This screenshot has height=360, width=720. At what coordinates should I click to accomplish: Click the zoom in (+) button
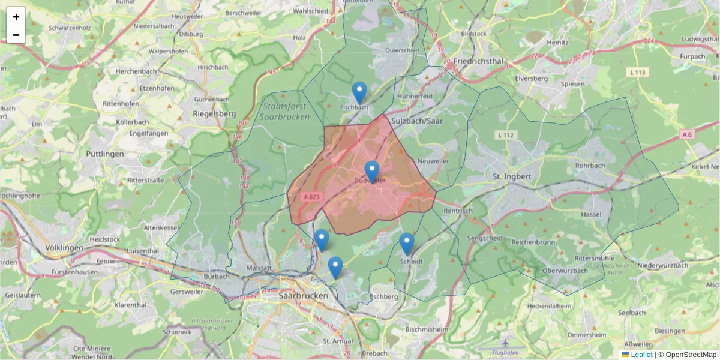(16, 17)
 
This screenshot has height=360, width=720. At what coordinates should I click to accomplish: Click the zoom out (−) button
(16, 35)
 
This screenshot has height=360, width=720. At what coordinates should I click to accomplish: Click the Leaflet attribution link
(641, 355)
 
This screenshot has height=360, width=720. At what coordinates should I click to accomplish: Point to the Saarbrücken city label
(304, 296)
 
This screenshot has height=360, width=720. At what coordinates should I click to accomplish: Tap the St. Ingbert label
(512, 177)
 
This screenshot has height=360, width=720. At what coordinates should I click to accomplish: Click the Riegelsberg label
(214, 113)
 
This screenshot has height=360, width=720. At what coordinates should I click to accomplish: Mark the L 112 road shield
(506, 135)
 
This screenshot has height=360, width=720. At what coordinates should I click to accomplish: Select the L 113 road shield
(638, 73)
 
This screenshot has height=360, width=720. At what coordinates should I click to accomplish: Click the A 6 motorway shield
(687, 135)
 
